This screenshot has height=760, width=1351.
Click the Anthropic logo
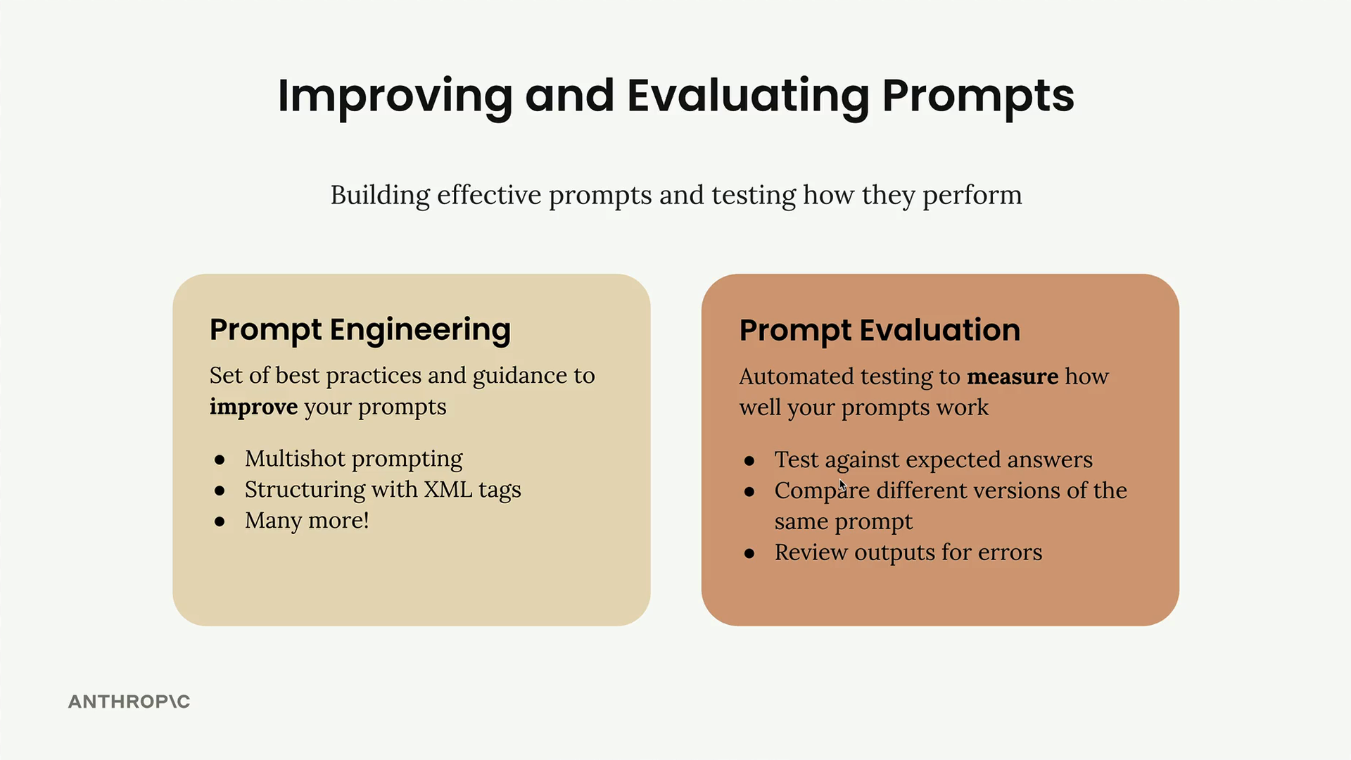click(x=129, y=702)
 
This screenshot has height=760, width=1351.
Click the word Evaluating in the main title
click(x=749, y=96)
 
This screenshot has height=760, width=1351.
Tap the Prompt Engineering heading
click(x=360, y=330)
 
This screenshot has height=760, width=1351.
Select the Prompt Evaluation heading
click(x=880, y=330)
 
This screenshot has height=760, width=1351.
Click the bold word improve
click(x=253, y=407)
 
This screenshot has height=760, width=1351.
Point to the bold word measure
click(x=1013, y=376)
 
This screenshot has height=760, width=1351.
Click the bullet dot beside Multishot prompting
click(x=220, y=460)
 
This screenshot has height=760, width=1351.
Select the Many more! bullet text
click(x=307, y=521)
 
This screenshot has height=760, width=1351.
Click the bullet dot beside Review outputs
click(x=749, y=554)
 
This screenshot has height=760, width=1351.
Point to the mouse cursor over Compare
click(x=842, y=486)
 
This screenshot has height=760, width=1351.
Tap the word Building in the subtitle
click(x=380, y=196)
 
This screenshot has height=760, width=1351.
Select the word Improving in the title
click(x=395, y=96)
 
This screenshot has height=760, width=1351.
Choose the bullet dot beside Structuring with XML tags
click(x=220, y=491)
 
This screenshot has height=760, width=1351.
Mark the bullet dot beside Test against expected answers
click(x=749, y=461)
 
